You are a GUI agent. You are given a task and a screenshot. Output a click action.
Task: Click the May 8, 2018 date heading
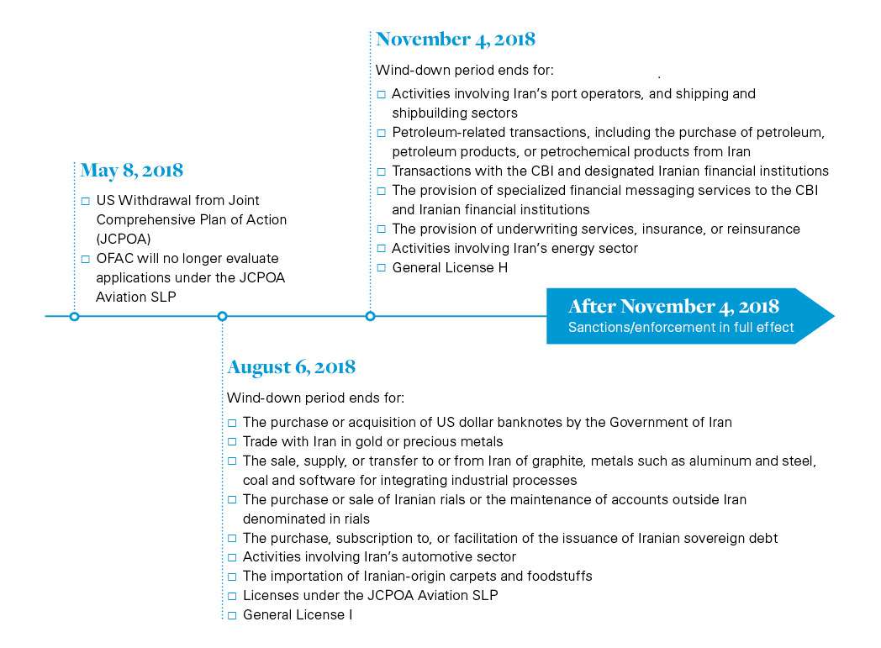click(131, 171)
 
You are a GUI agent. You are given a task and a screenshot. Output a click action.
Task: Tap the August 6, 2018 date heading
click(291, 367)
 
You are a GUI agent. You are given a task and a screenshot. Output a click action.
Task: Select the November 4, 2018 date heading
click(455, 40)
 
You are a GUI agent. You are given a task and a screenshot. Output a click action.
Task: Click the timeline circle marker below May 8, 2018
click(74, 316)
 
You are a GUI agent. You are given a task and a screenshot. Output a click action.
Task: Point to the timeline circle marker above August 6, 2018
click(222, 316)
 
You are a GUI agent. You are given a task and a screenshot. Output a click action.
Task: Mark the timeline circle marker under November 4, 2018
click(370, 316)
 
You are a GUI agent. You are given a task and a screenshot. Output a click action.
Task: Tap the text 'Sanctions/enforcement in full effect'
click(681, 328)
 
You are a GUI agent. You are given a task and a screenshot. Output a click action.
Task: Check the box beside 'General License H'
click(382, 268)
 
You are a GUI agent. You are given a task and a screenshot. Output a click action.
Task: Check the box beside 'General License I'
click(233, 615)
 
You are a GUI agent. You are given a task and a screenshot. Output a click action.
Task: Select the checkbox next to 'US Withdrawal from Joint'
click(86, 201)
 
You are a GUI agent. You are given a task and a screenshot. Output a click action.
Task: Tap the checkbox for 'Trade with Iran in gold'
click(233, 442)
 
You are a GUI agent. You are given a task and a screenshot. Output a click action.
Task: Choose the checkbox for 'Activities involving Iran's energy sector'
click(382, 249)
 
